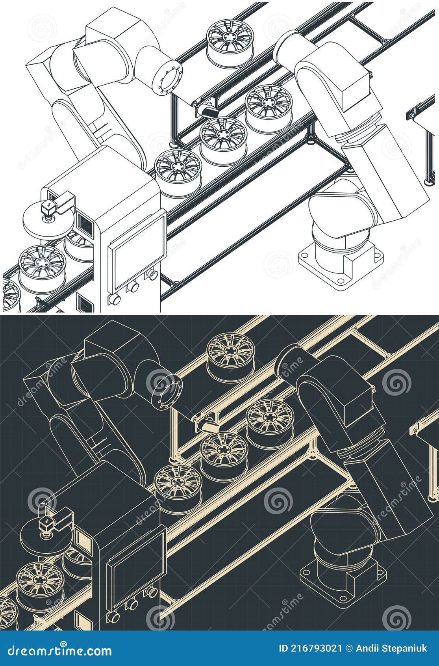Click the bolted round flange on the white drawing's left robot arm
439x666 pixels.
[x=167, y=78]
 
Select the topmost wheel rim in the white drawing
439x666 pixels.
[x=230, y=42]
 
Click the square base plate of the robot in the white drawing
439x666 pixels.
[x=341, y=264]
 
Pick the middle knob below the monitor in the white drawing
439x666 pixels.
[x=132, y=286]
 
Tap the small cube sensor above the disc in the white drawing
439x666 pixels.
[x=48, y=206]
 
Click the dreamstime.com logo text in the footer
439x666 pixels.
[x=59, y=651]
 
